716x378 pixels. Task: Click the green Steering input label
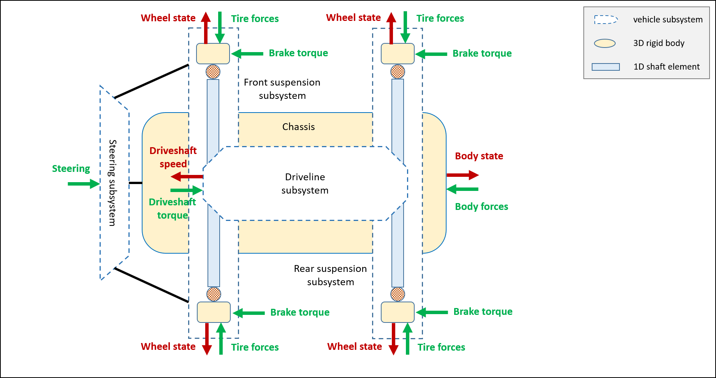coord(71,168)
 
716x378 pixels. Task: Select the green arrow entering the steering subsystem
coord(83,184)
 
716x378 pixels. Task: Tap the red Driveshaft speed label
coord(173,157)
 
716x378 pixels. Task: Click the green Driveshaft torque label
coord(173,208)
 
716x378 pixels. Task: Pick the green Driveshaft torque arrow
coord(186,190)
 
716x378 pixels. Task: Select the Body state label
coord(479,156)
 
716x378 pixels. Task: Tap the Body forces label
coord(482,206)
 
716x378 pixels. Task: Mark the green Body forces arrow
coord(463,189)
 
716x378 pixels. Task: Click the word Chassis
coord(298,127)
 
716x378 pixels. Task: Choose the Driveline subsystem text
coord(305,184)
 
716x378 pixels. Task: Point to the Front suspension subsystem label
coord(282,89)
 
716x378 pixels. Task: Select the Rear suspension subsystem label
coord(330,275)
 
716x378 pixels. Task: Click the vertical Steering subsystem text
coord(112,183)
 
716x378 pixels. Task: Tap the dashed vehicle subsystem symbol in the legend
coord(606,19)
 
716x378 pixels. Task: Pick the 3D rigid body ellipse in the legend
coord(605,43)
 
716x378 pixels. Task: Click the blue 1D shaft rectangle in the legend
coord(606,67)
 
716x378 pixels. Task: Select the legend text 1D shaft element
coord(666,67)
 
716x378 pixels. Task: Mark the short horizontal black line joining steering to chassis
coord(135,183)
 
